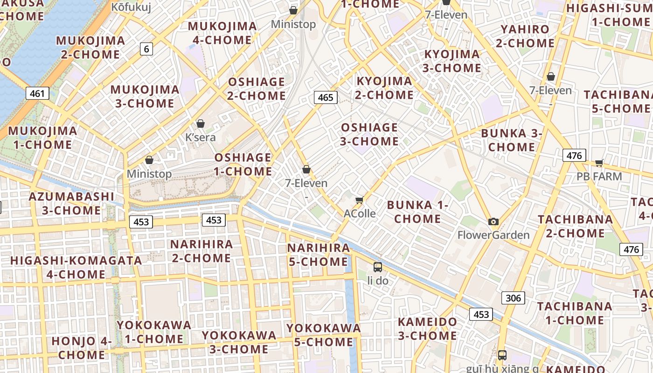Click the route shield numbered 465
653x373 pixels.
point(326,97)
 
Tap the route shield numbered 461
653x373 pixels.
point(37,93)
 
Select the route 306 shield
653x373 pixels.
point(513,298)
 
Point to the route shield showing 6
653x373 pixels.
point(146,48)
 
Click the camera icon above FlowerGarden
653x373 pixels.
point(493,221)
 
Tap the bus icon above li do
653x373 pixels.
point(378,267)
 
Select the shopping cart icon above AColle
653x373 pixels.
point(359,200)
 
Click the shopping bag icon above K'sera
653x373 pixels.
point(201,124)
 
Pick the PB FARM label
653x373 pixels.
point(599,176)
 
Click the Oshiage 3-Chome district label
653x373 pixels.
point(369,134)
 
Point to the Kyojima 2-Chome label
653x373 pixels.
point(385,88)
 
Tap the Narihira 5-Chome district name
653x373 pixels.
point(319,255)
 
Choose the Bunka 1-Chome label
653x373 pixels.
point(417,212)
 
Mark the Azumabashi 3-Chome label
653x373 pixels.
point(71,203)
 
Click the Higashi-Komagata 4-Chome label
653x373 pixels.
point(76,267)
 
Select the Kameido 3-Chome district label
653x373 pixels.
point(427,329)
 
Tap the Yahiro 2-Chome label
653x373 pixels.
point(525,36)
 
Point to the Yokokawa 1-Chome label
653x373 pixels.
point(154,332)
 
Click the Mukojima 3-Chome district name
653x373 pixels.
point(145,96)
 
